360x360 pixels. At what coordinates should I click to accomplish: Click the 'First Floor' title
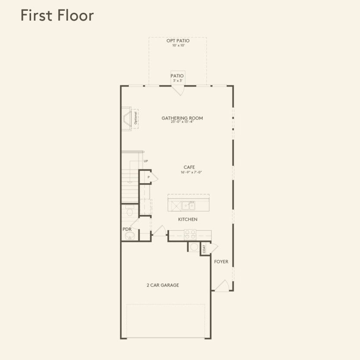(x=57, y=16)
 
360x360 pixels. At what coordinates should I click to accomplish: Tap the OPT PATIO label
(x=178, y=41)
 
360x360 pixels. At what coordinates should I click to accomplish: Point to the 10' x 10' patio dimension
(x=178, y=45)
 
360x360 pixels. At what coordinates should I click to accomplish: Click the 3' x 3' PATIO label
(x=177, y=78)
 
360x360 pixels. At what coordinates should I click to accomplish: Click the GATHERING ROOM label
(x=182, y=118)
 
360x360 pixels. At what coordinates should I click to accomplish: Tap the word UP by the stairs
(x=146, y=161)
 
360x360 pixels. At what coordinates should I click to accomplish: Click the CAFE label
(x=189, y=167)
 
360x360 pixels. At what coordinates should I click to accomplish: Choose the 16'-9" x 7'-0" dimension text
(x=191, y=172)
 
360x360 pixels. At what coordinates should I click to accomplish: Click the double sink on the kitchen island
(x=188, y=206)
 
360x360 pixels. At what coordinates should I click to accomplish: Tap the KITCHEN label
(x=188, y=219)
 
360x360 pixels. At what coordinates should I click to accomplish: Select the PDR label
(x=127, y=229)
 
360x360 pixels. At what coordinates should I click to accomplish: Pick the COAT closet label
(x=204, y=249)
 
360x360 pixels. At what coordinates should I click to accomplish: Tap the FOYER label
(x=221, y=262)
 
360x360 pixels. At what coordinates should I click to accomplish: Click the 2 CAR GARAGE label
(x=163, y=285)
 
